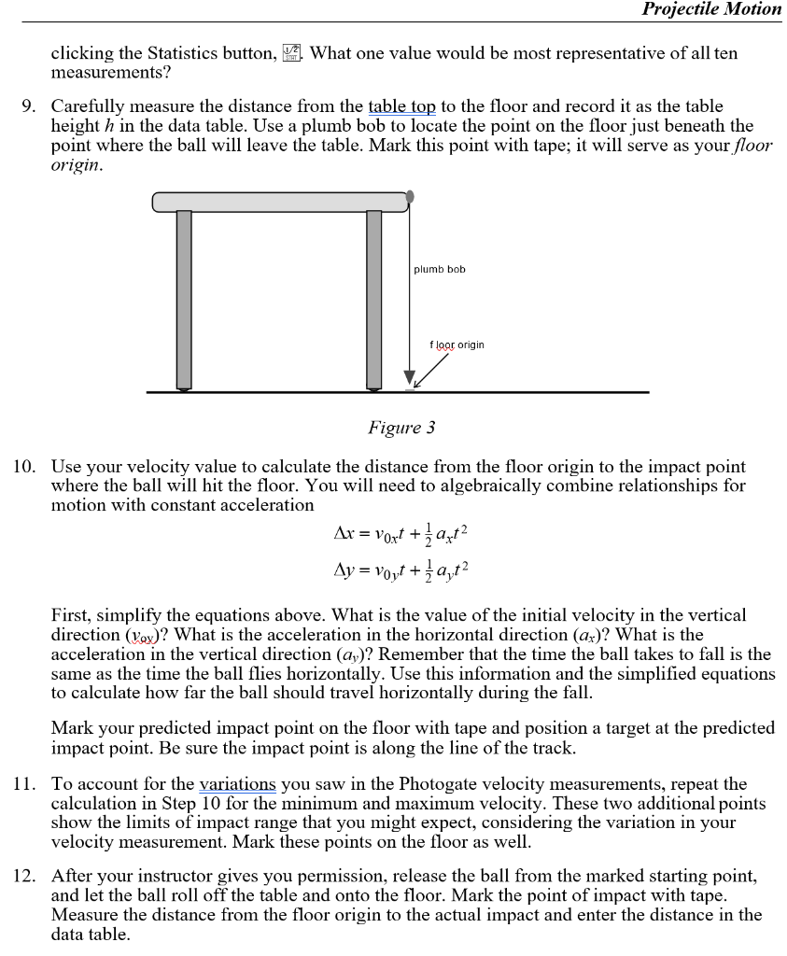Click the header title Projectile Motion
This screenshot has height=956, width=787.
click(711, 9)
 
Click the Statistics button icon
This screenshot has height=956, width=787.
click(292, 54)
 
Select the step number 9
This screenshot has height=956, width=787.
click(29, 107)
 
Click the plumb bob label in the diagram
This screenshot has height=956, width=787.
click(439, 270)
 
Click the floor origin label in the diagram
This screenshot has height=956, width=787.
click(457, 344)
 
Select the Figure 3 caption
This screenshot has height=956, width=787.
click(401, 428)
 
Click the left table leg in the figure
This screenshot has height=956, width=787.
click(184, 299)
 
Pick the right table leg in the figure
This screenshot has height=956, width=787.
click(373, 299)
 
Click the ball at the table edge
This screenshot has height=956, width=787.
click(410, 197)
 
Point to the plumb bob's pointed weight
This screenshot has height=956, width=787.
click(409, 377)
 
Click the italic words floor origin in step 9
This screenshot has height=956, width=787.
click(737, 146)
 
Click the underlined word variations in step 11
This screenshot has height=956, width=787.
click(238, 784)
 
